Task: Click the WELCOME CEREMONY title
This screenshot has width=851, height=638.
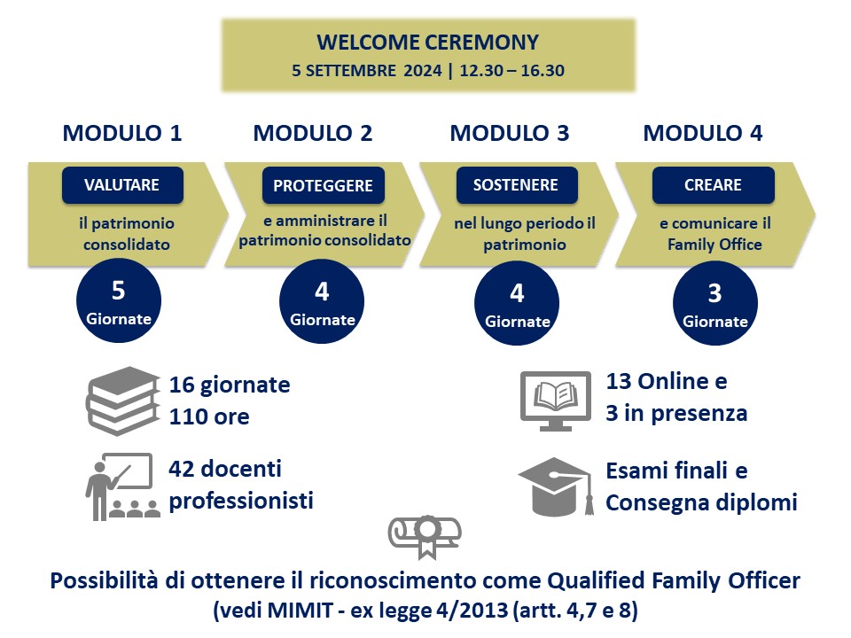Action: coord(427,42)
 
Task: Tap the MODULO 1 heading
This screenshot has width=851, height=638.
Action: coord(122,134)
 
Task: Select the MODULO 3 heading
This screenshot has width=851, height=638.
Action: coord(510,134)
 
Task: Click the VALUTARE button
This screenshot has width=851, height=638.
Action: coord(121,185)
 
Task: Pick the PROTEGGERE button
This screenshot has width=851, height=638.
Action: coord(323,186)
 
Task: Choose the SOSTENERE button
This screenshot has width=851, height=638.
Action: coord(516,185)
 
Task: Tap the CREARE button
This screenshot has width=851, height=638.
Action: coord(713,185)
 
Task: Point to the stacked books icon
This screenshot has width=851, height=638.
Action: coord(121,401)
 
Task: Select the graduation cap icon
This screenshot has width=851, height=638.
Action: coord(555,486)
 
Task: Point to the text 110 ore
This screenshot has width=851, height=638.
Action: coord(209,416)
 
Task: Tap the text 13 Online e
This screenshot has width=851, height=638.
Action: coord(666,382)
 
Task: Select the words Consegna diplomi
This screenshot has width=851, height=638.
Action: coord(701,502)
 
